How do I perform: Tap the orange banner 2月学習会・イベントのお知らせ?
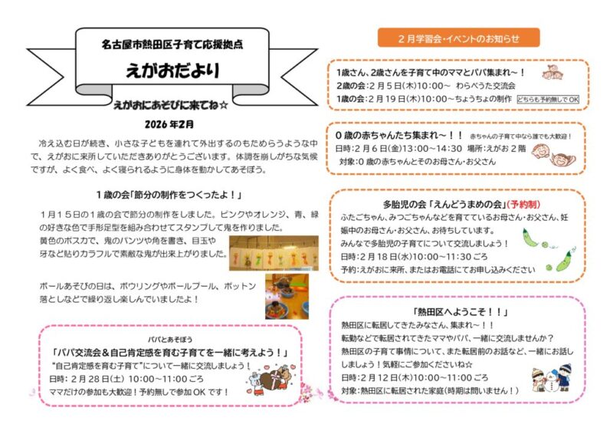coord(458,38)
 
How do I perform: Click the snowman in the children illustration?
coord(554,380)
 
